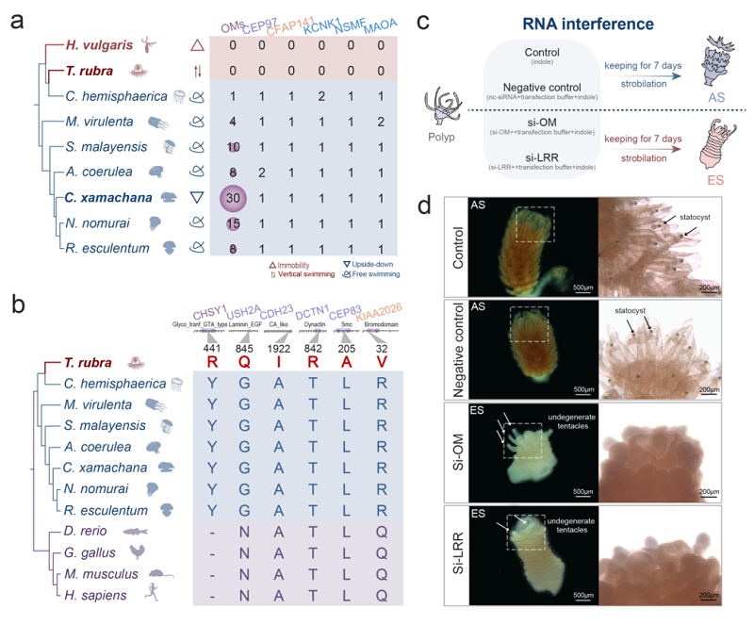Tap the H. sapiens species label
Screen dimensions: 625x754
pos(98,592)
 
